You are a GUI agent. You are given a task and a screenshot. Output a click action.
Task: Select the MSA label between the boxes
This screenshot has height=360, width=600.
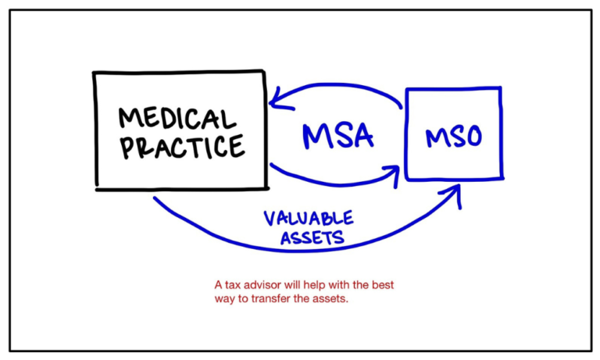pyautogui.click(x=337, y=136)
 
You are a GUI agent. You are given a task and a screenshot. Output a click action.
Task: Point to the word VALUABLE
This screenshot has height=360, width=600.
pyautogui.click(x=308, y=218)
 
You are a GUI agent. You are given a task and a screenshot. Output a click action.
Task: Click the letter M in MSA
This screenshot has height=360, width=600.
pyautogui.click(x=316, y=137)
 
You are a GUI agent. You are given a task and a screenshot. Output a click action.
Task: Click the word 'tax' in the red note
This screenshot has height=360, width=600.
pyautogui.click(x=232, y=285)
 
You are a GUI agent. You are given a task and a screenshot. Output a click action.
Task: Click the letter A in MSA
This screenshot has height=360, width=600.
pyautogui.click(x=361, y=136)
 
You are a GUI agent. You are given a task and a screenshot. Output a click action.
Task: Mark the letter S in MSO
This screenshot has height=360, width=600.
pyautogui.click(x=455, y=138)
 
